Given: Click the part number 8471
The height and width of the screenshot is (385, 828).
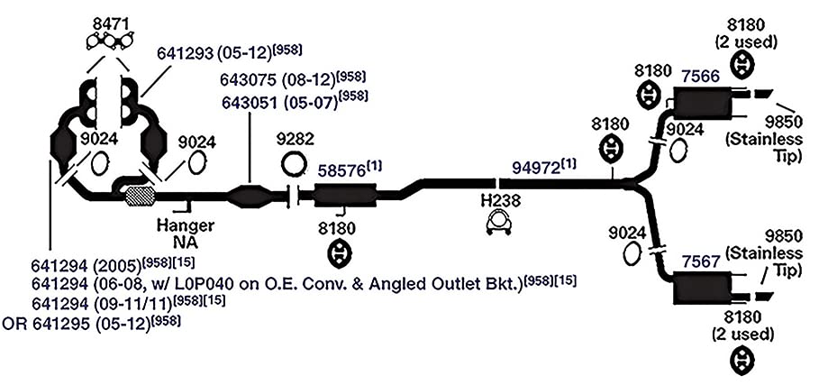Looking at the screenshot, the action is tap(110, 23).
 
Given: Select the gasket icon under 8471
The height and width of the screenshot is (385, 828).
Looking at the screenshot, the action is tap(109, 41).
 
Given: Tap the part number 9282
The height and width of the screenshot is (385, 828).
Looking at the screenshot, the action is tap(295, 139).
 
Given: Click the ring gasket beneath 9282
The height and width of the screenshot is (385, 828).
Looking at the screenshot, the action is tap(294, 164).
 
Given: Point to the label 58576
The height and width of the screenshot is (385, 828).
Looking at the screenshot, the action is tap(342, 171).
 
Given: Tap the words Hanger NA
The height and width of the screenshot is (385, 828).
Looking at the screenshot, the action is tap(186, 234).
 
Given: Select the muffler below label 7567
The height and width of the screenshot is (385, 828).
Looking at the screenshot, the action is tap(701, 288).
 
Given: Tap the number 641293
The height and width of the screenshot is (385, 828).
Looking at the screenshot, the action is tap(185, 53).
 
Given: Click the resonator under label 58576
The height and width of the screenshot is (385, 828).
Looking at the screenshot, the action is tap(344, 196).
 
